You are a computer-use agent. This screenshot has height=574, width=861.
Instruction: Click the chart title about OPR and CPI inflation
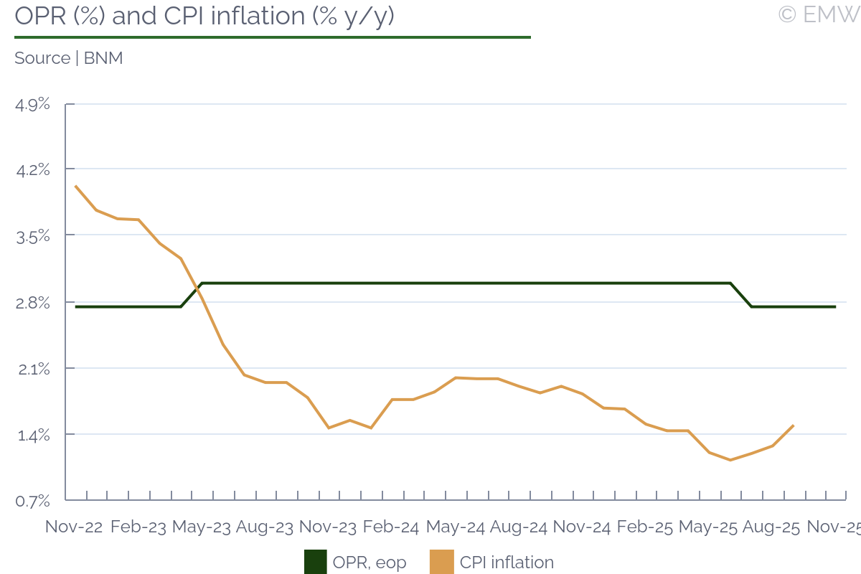(x=204, y=16)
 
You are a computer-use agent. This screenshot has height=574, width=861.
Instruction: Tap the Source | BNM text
(x=69, y=58)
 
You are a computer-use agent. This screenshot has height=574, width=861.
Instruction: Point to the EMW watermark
(x=819, y=14)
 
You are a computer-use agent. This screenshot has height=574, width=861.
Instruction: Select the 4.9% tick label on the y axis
(x=33, y=105)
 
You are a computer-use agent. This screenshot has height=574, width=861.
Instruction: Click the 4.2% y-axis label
(x=33, y=170)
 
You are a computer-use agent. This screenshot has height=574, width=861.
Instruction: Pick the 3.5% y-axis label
(x=33, y=236)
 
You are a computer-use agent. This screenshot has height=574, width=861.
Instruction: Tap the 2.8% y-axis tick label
(x=33, y=302)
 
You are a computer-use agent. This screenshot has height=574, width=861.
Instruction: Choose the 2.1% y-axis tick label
(x=33, y=369)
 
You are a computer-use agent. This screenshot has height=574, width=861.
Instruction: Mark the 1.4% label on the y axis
(x=33, y=435)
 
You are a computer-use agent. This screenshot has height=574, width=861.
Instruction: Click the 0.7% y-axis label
(x=33, y=500)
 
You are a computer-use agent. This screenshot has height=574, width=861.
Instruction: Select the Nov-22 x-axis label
(x=74, y=527)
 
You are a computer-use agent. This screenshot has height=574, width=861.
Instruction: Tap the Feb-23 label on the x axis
(x=138, y=527)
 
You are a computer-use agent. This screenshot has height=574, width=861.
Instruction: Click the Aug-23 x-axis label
(x=265, y=527)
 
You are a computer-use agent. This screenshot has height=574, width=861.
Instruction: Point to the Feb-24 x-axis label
(x=392, y=527)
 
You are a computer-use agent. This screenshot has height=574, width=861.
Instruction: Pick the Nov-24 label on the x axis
(x=582, y=527)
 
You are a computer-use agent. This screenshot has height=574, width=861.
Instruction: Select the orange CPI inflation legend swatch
(x=442, y=562)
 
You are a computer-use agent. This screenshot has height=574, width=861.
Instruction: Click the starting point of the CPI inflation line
(x=75, y=186)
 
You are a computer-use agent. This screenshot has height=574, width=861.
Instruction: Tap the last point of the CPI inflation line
(x=793, y=425)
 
